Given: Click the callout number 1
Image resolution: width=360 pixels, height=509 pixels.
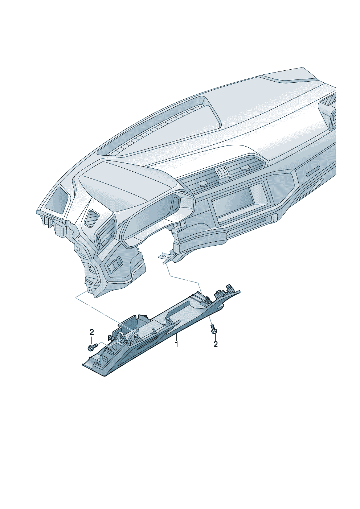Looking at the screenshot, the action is tap(176, 350).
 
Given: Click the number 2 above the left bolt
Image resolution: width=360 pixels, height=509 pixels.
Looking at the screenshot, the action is tap(91, 332).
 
